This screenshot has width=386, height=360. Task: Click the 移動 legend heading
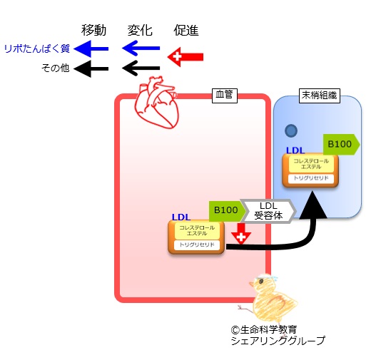point(93,30)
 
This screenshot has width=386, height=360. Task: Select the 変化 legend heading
point(140,30)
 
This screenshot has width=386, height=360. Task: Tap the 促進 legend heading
point(186,30)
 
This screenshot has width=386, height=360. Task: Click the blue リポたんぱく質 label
point(37,48)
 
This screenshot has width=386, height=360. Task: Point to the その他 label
point(56,68)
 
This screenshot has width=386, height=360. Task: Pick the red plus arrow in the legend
point(186,57)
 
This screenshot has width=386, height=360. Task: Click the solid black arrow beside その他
point(91,68)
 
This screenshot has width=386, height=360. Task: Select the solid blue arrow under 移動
point(91,48)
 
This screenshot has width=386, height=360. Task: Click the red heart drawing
point(156,102)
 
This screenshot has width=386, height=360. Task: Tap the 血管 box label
point(225,96)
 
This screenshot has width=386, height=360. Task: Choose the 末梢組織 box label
point(319,96)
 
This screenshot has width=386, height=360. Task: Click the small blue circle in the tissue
point(291,130)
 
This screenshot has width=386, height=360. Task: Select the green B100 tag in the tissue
point(342,144)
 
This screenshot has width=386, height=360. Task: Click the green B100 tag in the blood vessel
point(227,211)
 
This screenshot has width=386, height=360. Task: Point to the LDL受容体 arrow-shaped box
point(268,211)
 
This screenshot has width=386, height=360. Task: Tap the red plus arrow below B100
point(241,234)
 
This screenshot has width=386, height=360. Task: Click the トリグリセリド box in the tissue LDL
point(310,178)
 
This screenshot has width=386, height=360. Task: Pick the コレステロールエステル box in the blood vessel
point(197,230)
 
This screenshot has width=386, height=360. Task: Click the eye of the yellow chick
point(261,281)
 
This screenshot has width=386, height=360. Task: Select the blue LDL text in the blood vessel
point(181,217)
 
